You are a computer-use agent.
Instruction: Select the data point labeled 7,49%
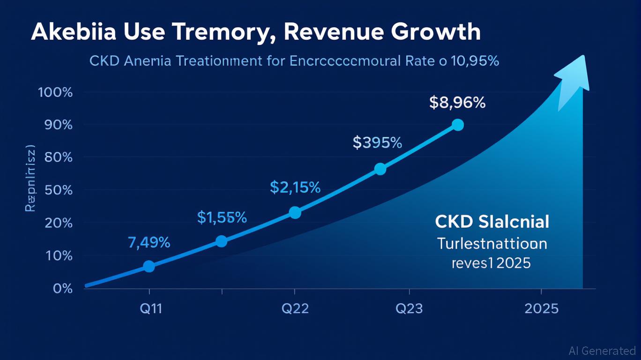tap(149, 266)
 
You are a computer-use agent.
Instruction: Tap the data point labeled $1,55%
tap(222, 241)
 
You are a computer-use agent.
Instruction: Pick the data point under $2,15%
tap(295, 212)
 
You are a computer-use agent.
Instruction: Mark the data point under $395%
tap(380, 169)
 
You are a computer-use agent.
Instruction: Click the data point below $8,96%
tap(458, 125)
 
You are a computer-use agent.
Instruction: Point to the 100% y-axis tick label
tap(55, 92)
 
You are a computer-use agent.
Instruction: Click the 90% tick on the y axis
tap(57, 125)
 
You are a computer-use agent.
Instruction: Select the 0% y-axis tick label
tap(62, 288)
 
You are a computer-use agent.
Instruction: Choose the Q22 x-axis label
tap(295, 309)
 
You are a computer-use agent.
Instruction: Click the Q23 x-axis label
tap(409, 309)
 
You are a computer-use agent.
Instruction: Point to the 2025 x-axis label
tap(541, 309)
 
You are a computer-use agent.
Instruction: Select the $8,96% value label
tap(457, 103)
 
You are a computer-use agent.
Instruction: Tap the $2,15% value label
tap(295, 187)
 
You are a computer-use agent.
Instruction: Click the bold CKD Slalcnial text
tap(492, 222)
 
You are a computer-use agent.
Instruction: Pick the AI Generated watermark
tap(602, 350)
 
